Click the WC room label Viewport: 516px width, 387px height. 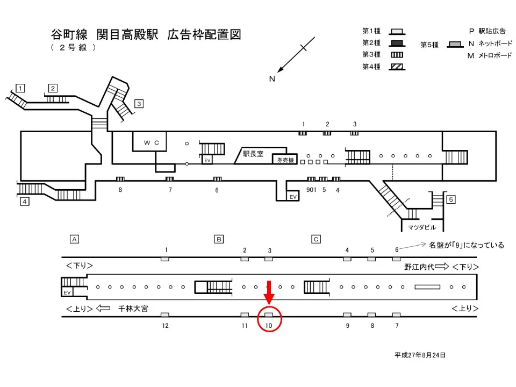[x=149, y=142]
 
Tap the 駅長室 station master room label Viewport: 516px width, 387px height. [x=253, y=154]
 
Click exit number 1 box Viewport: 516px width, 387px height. [x=20, y=88]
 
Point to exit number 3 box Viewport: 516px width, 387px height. [x=139, y=104]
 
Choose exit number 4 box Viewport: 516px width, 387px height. [x=25, y=202]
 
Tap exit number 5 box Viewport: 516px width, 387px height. [x=451, y=200]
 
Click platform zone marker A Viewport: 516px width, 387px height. [x=75, y=239]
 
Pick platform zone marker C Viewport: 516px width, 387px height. [x=317, y=239]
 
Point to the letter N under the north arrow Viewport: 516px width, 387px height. [x=272, y=79]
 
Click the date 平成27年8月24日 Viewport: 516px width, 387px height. [x=420, y=355]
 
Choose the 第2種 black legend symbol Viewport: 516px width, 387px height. [x=398, y=43]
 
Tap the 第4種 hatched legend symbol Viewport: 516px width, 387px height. [x=398, y=67]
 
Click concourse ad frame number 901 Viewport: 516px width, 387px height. [x=311, y=189]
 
